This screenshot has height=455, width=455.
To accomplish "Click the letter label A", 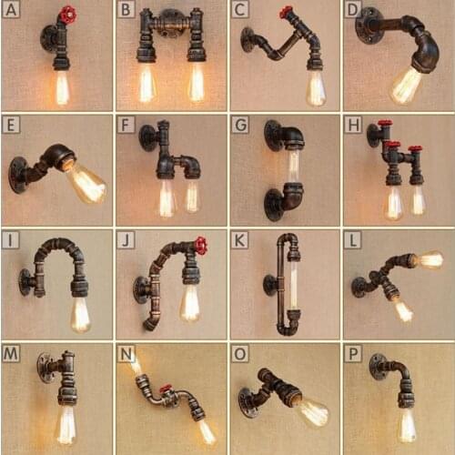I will pos(11,11).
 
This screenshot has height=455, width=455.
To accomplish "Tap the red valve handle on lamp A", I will pos(67,15).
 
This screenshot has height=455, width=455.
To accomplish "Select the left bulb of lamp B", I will pos(146,84).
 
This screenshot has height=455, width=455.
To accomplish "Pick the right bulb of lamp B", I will pos(196,84).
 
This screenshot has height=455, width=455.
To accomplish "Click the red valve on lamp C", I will pos(286,12).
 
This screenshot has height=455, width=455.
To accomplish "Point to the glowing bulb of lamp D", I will pos(405,86).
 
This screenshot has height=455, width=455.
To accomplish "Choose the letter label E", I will pos(11,125).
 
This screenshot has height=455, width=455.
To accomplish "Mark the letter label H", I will pos(353,125).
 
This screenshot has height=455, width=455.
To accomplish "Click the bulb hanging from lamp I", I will pos(80,315).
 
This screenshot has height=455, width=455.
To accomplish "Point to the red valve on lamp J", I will pos(199,245).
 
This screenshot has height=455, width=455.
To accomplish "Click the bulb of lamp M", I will pos(65,425).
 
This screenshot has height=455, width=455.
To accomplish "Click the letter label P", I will pos(353,352).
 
